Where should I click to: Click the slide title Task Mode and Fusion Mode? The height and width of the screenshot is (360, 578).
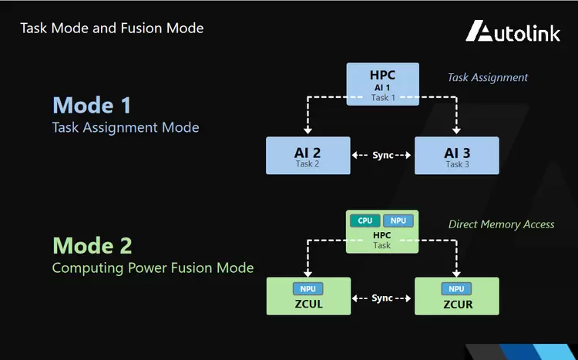(x=112, y=29)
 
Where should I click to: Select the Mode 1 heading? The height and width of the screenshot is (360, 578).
(x=92, y=105)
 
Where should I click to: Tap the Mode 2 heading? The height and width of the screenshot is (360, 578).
(x=92, y=246)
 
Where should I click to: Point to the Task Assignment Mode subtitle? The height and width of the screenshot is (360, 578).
(x=126, y=127)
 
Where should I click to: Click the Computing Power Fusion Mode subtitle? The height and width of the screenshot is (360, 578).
(x=153, y=268)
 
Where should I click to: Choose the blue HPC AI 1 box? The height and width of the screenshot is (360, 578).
(x=382, y=84)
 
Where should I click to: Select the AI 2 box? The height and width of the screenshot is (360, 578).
(x=306, y=155)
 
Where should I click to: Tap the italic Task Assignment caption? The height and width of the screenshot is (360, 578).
(x=488, y=77)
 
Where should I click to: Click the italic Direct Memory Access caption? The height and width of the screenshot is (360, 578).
(x=501, y=224)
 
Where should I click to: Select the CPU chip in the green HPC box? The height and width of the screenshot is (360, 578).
(x=365, y=220)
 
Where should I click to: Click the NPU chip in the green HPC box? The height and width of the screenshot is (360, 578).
(x=398, y=220)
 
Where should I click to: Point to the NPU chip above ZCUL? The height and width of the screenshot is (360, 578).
(x=307, y=288)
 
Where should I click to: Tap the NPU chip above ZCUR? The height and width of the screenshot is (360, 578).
(x=456, y=288)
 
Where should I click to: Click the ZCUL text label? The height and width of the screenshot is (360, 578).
(x=307, y=304)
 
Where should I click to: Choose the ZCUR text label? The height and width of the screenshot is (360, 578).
(x=456, y=304)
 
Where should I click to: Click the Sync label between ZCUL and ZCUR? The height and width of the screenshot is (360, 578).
(x=381, y=298)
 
